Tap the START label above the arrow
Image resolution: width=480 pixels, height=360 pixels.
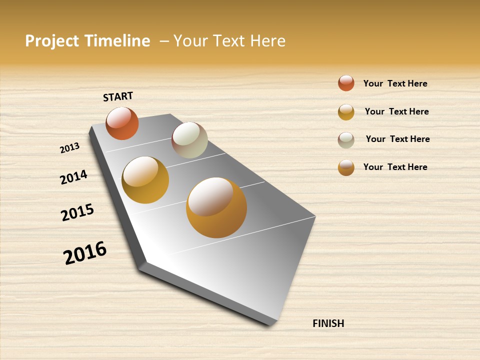118,96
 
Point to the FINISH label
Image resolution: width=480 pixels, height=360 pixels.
328,323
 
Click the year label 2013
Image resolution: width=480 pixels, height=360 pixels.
69,148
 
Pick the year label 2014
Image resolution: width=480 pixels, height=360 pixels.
73,177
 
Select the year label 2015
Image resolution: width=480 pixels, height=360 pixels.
77,212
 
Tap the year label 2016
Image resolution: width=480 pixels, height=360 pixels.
85,252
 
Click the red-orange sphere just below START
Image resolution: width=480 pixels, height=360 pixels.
122,123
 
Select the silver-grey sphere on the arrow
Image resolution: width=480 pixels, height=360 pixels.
189,140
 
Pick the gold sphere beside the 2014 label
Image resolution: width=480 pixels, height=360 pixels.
145,180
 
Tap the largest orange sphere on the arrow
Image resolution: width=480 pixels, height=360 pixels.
216,207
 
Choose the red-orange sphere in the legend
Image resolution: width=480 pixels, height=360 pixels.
346,83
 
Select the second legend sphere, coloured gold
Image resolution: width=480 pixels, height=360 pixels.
346,112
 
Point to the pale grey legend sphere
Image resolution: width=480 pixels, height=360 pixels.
346,140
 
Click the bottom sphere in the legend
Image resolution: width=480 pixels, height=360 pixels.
346,167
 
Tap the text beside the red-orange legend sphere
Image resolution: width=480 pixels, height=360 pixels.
395,83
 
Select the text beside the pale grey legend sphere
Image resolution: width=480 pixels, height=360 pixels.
397,139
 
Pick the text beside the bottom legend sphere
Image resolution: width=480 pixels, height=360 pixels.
395,167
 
